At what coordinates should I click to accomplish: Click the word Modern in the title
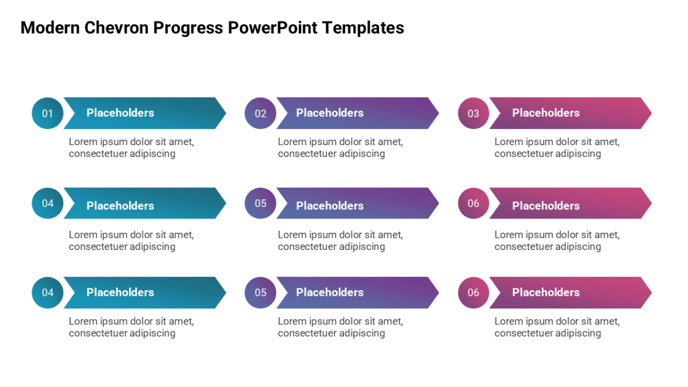50,28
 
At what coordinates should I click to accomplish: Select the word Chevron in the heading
116,28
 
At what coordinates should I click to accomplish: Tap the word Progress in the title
188,29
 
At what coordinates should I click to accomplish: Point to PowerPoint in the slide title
272,28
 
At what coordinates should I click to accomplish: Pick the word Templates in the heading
363,29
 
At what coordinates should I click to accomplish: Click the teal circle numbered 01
48,113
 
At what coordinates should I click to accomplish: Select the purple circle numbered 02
260,113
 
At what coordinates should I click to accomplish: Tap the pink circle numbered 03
474,113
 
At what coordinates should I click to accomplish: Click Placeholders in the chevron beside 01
120,113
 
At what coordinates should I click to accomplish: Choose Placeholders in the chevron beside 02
330,113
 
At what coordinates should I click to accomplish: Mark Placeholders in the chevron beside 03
546,113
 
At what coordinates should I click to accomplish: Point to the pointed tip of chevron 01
226,113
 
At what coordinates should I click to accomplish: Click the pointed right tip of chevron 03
652,113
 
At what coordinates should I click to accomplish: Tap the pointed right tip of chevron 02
439,113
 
